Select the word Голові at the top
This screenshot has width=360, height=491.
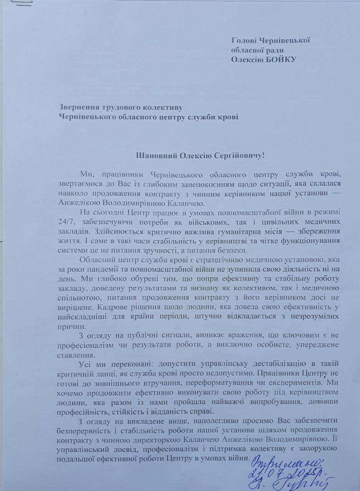[x=244, y=40]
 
